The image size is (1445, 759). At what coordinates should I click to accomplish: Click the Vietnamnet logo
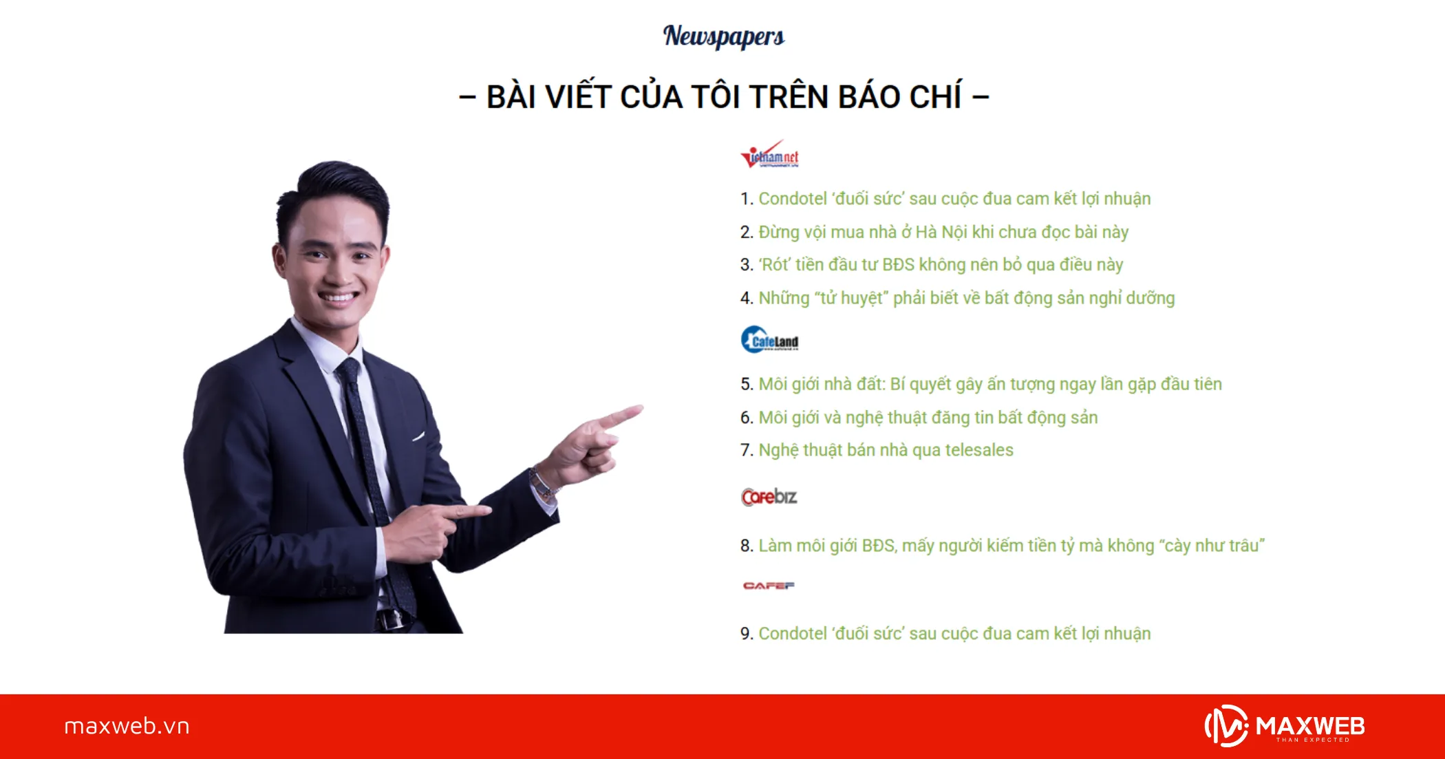click(x=769, y=156)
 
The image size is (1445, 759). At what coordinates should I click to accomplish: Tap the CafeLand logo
click(x=769, y=340)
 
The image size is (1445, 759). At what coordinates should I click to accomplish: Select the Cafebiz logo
click(x=769, y=496)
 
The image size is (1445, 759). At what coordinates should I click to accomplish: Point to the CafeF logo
click(x=769, y=586)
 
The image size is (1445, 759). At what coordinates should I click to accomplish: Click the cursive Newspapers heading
click(x=723, y=36)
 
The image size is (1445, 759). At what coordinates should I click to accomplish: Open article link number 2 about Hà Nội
click(x=943, y=233)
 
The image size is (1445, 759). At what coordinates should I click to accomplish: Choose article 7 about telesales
click(x=886, y=450)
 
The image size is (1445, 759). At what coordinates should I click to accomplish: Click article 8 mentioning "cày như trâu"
click(x=1011, y=546)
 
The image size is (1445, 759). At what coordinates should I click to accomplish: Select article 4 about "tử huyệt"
click(x=966, y=298)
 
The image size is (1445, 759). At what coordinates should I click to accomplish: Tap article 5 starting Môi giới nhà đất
click(x=989, y=384)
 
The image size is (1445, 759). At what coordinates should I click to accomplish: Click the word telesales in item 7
click(x=979, y=450)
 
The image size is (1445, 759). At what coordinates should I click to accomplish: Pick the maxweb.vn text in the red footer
click(x=127, y=726)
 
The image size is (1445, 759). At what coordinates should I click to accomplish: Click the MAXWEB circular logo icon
click(x=1226, y=726)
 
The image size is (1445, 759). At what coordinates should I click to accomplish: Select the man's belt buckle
click(x=390, y=619)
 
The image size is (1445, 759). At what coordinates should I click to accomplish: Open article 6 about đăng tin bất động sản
click(x=928, y=418)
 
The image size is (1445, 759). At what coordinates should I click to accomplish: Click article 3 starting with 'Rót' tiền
click(x=941, y=265)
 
